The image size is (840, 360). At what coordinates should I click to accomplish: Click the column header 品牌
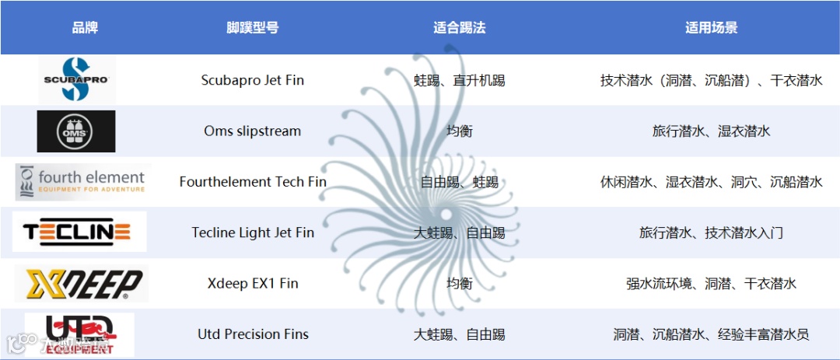85,28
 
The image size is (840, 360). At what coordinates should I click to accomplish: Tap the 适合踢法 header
459,28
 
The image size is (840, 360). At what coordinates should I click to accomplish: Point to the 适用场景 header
711,28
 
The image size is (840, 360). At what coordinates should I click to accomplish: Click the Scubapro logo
77,79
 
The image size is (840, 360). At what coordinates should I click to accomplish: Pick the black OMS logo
76,131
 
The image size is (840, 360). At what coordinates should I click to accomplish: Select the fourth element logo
80,182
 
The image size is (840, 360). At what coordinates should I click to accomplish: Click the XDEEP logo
81,283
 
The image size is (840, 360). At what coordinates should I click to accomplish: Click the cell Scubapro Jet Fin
253,80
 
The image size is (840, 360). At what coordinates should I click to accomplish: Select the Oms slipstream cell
253,131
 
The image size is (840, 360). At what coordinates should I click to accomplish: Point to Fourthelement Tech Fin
253,182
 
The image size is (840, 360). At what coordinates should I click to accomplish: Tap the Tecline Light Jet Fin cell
253,232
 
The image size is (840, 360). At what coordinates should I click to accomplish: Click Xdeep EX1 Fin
253,283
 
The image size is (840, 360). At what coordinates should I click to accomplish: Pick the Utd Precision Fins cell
253,334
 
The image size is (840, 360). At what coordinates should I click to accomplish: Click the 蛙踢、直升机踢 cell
459,80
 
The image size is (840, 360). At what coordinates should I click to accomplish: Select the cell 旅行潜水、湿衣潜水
711,131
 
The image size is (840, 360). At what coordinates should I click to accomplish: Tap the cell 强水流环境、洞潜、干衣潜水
711,283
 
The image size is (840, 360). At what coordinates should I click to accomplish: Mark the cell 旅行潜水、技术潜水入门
711,232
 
